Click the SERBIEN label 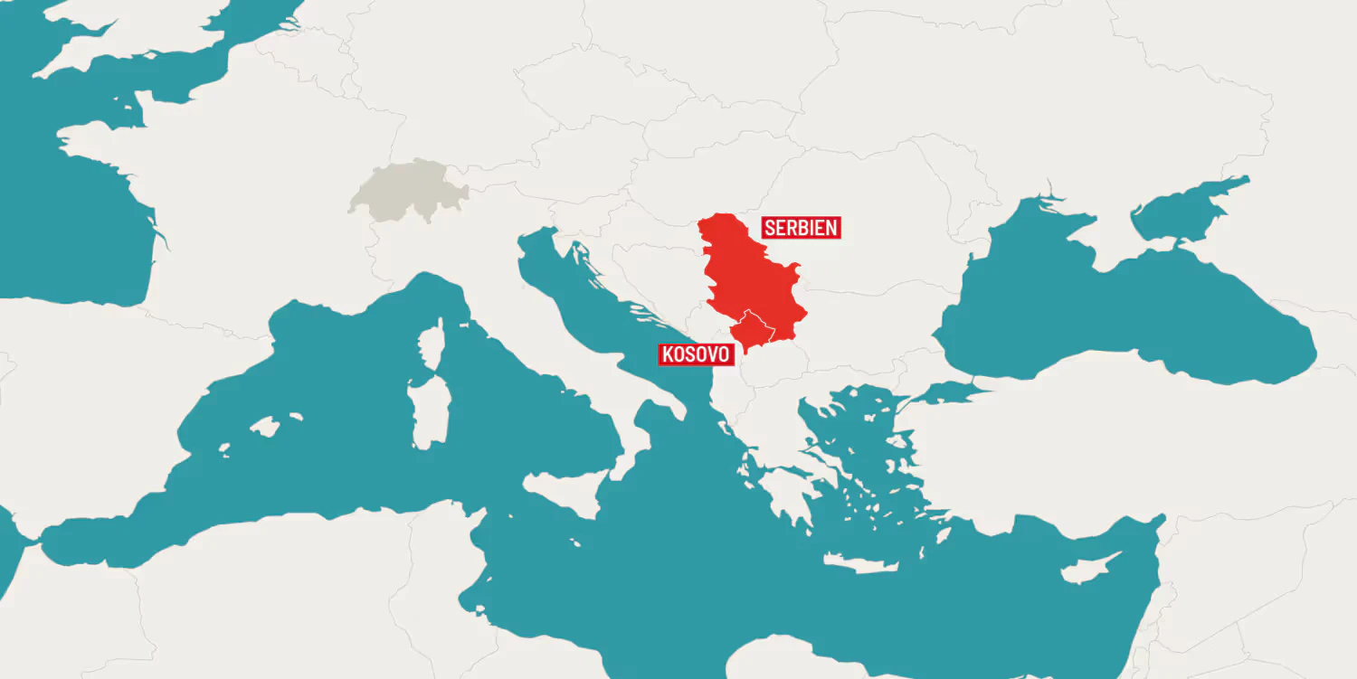tap(802, 227)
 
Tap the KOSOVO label tap(695, 354)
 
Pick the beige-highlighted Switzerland tap(406, 191)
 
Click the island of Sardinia tap(422, 412)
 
